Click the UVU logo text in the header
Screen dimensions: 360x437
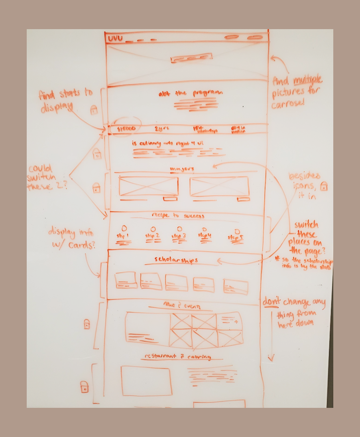115,38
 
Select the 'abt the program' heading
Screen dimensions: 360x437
190,93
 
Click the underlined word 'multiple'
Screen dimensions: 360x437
307,80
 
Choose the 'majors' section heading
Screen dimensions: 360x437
182,169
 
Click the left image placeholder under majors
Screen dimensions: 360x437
148,186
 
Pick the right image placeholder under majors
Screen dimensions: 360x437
219,186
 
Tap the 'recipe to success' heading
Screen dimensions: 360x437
178,216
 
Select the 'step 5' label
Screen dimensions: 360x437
236,237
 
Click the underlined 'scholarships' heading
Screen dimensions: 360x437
177,260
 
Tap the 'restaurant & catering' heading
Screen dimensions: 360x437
177,356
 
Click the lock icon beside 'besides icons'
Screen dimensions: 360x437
324,186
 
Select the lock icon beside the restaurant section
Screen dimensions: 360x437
84,387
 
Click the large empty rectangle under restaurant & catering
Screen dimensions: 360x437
146,381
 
